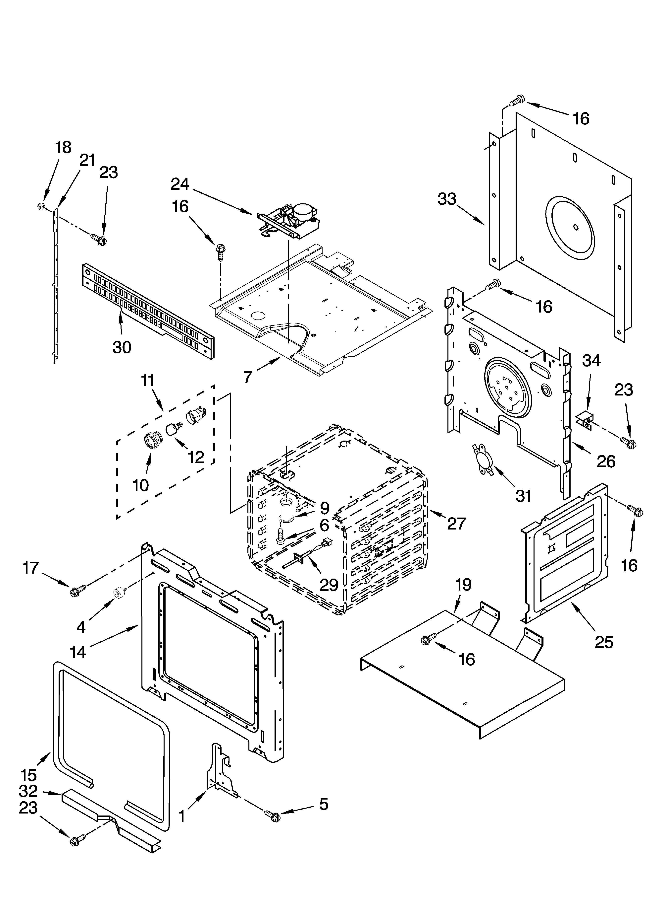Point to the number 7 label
tap(248, 377)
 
